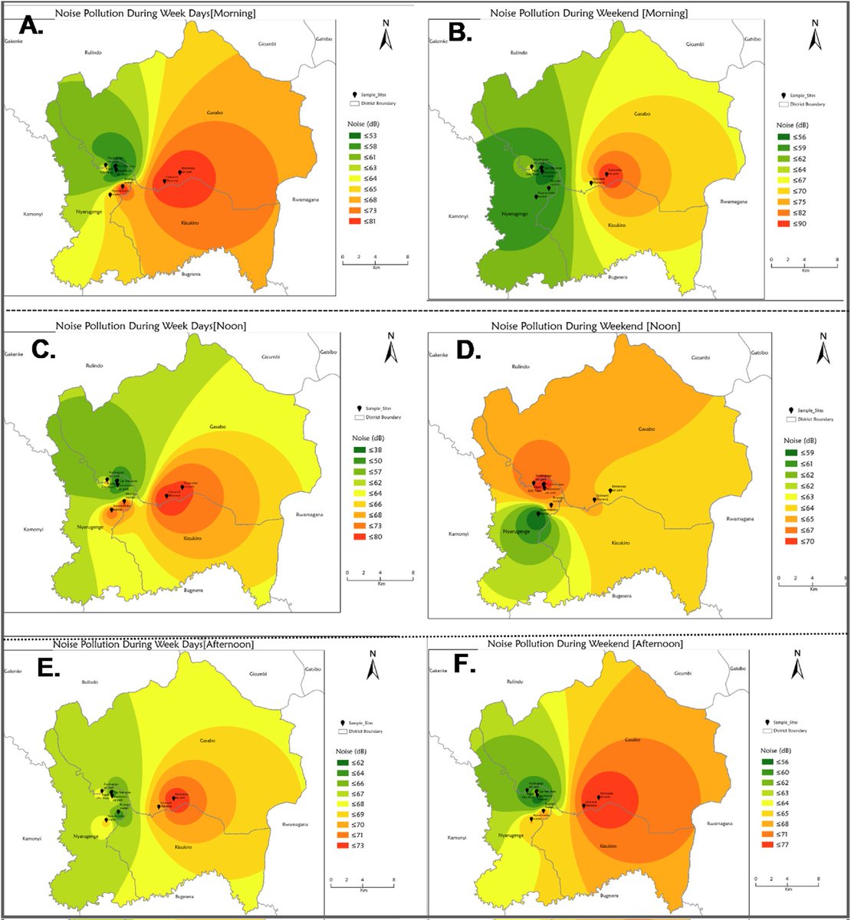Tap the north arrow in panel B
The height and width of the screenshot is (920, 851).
click(815, 38)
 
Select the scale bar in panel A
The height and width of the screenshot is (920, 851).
click(375, 261)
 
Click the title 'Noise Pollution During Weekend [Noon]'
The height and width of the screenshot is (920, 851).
click(585, 327)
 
